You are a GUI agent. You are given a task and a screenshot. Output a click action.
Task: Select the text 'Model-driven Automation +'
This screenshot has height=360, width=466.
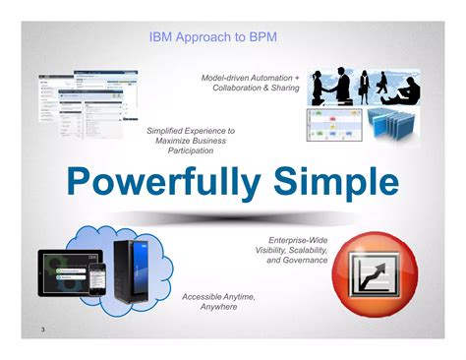tap(250, 77)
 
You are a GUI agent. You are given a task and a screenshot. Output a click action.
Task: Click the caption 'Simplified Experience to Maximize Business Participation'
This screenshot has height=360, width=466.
tap(191, 140)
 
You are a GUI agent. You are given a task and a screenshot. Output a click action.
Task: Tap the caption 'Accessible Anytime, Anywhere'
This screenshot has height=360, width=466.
tap(218, 301)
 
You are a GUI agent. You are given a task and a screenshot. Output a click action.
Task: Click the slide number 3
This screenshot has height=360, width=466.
tap(43, 328)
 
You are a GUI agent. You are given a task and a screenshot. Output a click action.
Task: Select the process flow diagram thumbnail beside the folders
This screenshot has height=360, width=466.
tap(335, 126)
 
